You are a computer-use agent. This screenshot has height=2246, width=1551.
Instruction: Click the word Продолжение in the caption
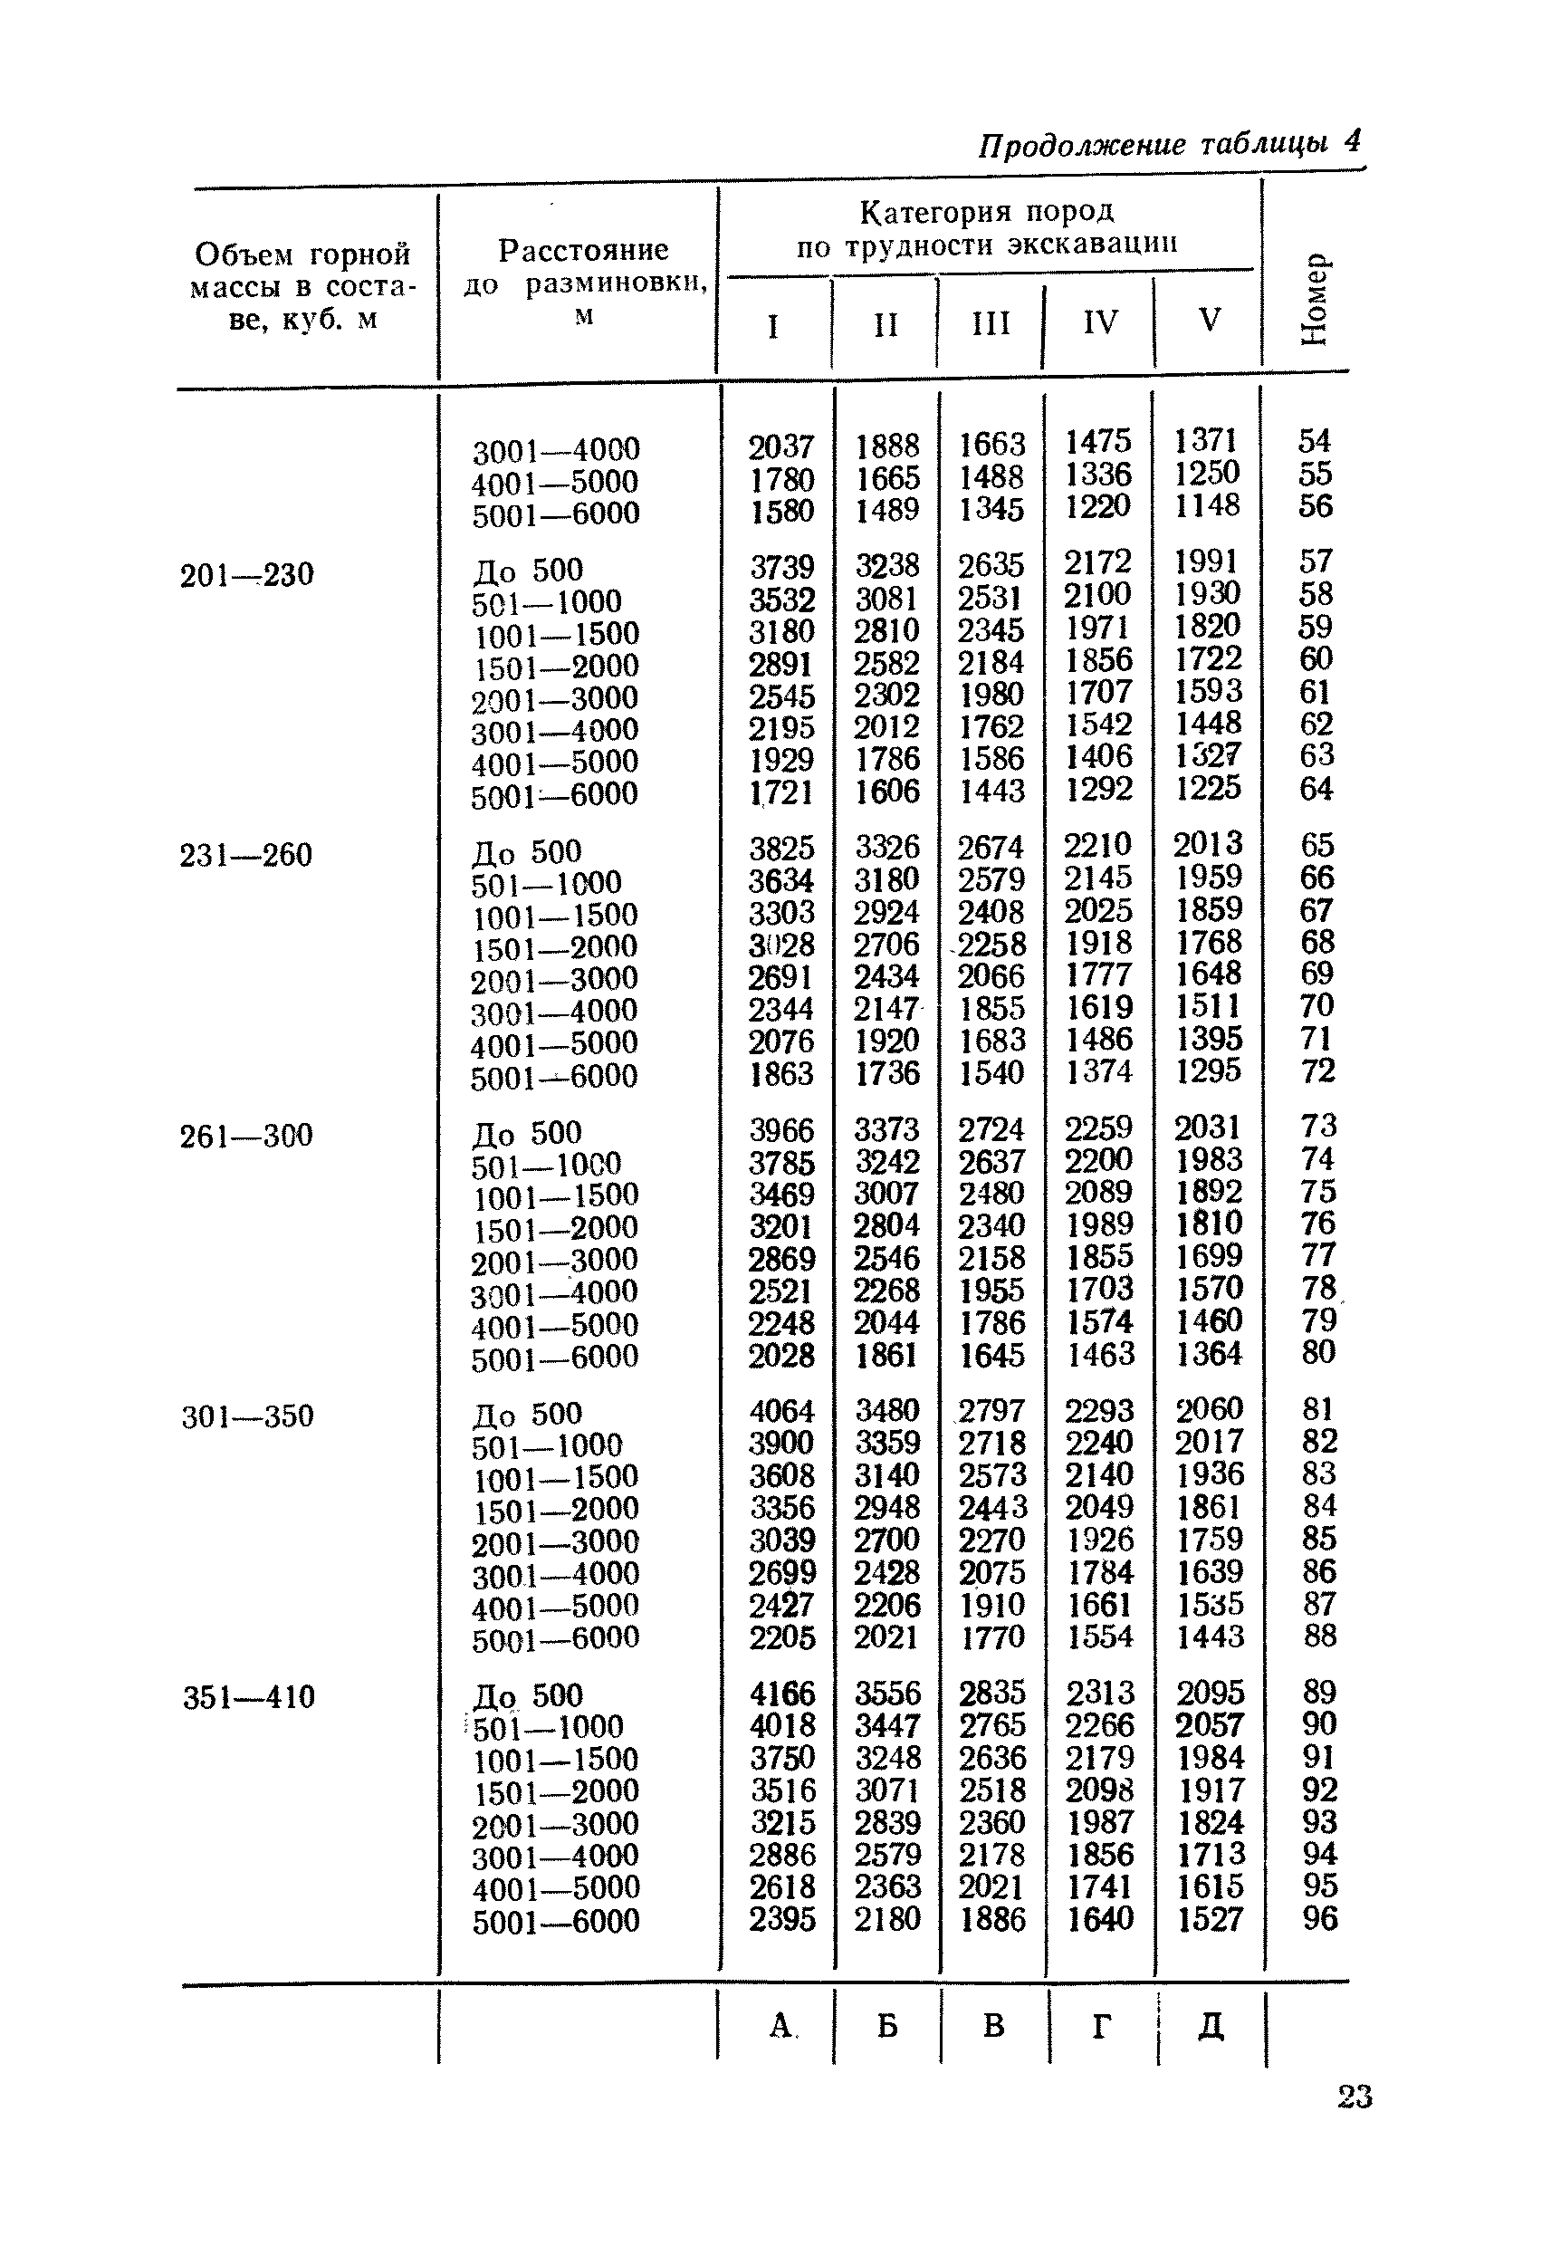click(1082, 146)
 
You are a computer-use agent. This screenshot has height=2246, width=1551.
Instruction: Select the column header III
click(991, 322)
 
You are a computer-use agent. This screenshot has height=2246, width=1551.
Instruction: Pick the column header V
click(1209, 320)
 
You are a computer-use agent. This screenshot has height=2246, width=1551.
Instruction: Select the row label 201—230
click(247, 575)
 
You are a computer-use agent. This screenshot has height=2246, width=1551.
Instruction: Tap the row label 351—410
click(249, 1697)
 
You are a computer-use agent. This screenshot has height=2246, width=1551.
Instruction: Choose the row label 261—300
click(247, 1136)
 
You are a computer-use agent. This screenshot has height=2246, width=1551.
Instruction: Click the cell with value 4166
click(781, 1694)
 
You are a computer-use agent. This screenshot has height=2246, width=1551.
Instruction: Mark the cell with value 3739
click(781, 567)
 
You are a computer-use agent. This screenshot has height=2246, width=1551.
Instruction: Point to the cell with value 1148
click(1208, 505)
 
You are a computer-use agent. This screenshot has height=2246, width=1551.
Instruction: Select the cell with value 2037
click(781, 446)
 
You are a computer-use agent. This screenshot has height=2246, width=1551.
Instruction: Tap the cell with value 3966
click(781, 1130)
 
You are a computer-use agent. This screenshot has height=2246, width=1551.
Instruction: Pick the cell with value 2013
click(1208, 843)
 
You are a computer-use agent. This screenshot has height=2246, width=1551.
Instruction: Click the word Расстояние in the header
click(583, 250)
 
